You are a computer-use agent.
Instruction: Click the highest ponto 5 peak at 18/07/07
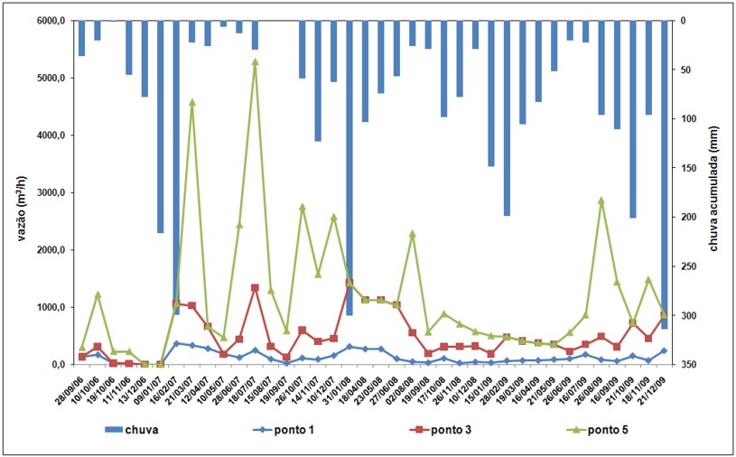(256, 61)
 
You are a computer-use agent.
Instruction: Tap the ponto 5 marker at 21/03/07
(192, 102)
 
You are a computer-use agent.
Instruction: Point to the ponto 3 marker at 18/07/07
(256, 288)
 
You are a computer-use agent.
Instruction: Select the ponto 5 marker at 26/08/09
(601, 201)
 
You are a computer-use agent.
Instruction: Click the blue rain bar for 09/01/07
(161, 126)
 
